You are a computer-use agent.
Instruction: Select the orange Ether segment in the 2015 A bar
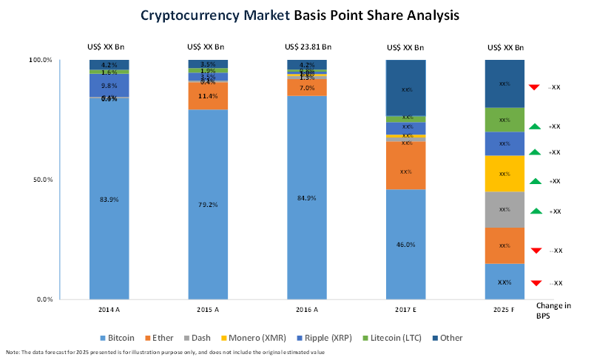208,96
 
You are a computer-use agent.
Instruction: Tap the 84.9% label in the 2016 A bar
307,198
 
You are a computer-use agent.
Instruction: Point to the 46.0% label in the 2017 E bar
406,245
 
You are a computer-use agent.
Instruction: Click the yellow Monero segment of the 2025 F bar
504,174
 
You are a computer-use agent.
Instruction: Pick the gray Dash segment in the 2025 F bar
504,209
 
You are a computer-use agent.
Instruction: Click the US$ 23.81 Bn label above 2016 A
306,47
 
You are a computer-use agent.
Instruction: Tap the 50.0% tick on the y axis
41,180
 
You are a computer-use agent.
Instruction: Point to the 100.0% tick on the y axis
39,60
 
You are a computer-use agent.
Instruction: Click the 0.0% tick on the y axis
42,299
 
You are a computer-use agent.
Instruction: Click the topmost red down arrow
535,87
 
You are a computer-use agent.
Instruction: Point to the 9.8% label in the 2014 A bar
109,85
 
